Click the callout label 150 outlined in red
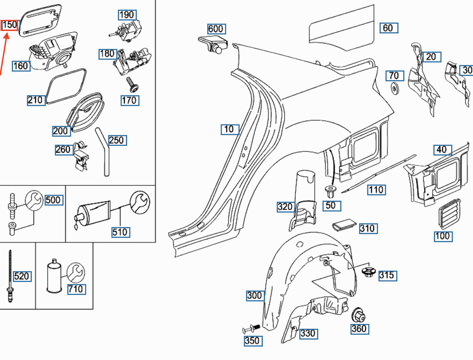coord(10,25)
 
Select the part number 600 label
coord(216,29)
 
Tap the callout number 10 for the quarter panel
coord(229,129)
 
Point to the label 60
coord(387,28)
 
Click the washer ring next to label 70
coord(394,88)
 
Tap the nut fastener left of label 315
coord(368,272)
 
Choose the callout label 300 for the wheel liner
coord(254,296)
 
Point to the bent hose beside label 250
coord(104,151)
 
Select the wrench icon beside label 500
coord(34,200)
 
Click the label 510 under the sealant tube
coord(120,232)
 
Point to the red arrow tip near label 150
coord(7,34)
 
